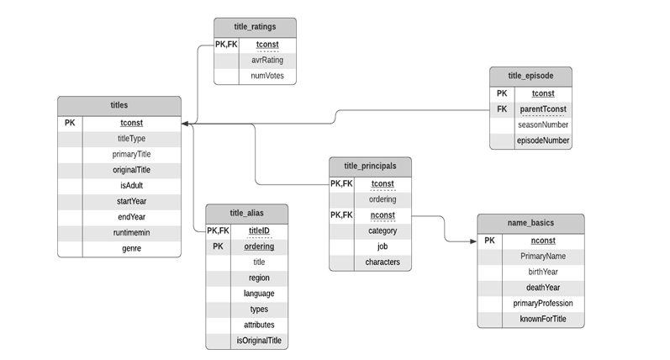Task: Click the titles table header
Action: (x=119, y=106)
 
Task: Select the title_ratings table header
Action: (x=255, y=27)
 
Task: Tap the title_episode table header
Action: (x=530, y=77)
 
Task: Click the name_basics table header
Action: (x=530, y=224)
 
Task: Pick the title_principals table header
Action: (x=371, y=166)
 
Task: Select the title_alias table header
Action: (x=246, y=212)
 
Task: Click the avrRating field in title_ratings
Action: (x=267, y=61)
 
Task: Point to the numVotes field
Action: (x=267, y=77)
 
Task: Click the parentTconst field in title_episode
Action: (x=542, y=109)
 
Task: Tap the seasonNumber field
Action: (x=542, y=124)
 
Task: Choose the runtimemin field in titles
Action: (x=131, y=233)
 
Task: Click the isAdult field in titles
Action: (x=131, y=186)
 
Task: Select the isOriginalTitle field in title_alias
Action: (x=259, y=341)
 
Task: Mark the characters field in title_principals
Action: (x=382, y=262)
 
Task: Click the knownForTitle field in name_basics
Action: (x=542, y=320)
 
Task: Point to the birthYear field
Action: (x=542, y=272)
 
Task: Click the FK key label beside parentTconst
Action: (x=502, y=109)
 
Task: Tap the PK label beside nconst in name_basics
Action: (x=490, y=241)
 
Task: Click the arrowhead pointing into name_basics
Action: (x=472, y=241)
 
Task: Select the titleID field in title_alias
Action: (x=259, y=230)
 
